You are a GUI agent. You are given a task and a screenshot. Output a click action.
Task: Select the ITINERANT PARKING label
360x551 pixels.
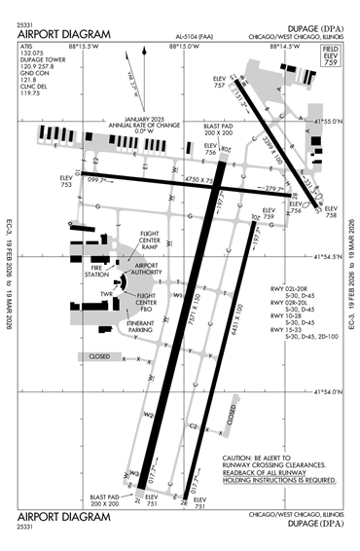145,327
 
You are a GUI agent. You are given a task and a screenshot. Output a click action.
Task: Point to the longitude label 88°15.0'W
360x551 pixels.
183,45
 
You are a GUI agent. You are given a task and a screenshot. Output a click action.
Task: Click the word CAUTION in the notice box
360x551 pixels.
240,458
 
